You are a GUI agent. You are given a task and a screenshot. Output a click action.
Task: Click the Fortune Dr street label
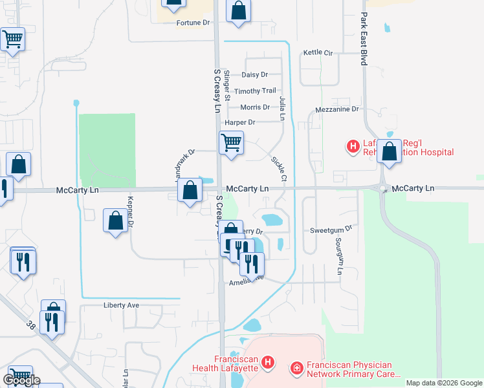[193, 23]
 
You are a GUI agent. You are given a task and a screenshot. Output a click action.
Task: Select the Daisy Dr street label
[254, 75]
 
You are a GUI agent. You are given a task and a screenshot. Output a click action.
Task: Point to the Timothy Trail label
[255, 91]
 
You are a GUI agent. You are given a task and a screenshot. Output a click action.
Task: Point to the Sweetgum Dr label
[330, 229]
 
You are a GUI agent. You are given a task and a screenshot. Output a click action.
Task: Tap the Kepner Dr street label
[130, 213]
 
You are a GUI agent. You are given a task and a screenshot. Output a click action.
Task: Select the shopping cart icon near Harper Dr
[231, 142]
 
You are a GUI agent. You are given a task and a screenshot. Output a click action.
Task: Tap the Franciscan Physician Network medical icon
[297, 369]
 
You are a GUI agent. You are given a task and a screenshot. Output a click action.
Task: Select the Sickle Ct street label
[278, 168]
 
